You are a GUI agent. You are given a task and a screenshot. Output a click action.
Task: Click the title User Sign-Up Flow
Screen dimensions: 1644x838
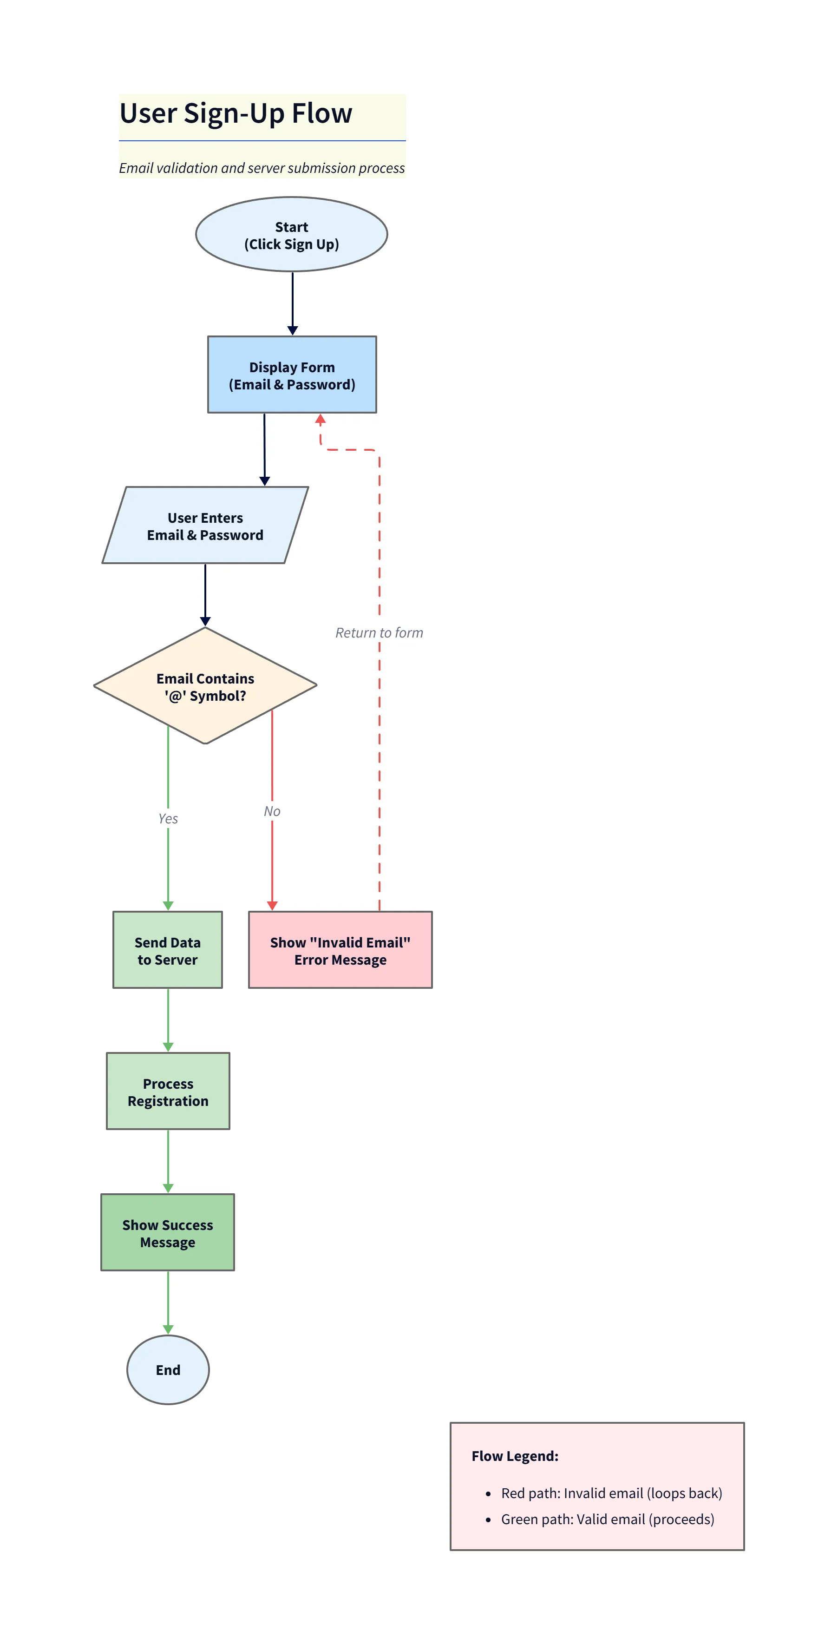click(x=236, y=113)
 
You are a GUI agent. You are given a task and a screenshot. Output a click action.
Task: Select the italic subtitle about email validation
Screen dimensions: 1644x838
click(x=262, y=168)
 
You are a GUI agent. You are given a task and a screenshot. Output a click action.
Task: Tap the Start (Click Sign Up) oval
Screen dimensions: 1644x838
click(x=292, y=235)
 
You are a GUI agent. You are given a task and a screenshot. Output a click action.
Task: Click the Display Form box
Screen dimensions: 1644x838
click(x=292, y=375)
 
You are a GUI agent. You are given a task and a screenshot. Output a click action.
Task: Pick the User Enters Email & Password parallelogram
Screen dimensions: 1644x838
click(x=205, y=526)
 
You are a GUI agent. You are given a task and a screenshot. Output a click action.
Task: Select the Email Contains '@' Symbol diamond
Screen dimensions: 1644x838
click(x=205, y=686)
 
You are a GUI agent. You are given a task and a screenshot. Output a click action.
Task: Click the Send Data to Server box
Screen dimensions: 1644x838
click(x=167, y=950)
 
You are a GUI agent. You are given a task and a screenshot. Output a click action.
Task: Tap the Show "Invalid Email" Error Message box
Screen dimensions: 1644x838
click(x=340, y=950)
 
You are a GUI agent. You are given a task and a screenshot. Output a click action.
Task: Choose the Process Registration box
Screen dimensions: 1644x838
click(x=168, y=1092)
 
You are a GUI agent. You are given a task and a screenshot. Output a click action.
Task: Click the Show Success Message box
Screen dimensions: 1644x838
click(x=167, y=1233)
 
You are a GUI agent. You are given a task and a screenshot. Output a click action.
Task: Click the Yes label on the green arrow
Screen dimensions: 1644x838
click(x=168, y=818)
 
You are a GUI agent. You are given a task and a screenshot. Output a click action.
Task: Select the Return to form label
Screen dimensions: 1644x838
click(x=379, y=632)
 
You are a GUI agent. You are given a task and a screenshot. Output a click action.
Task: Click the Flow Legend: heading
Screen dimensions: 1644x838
click(x=514, y=1456)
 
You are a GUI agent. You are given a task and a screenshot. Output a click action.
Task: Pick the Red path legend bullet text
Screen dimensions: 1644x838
click(x=611, y=1493)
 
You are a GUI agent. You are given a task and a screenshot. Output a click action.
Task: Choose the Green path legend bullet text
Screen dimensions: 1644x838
click(x=607, y=1519)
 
